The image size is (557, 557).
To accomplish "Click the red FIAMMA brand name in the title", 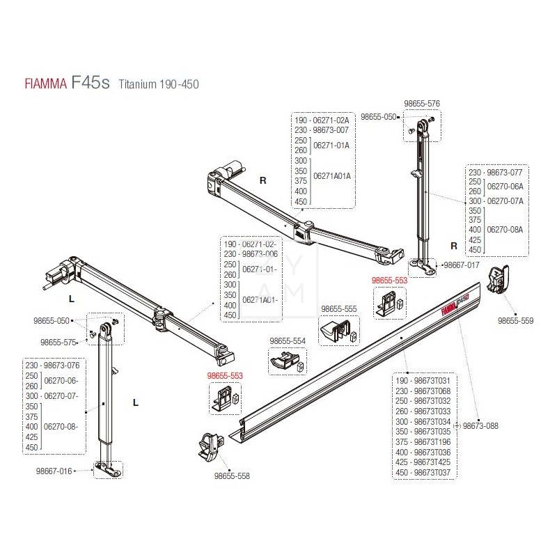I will click(x=41, y=84).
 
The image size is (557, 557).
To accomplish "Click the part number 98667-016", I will click(x=55, y=471).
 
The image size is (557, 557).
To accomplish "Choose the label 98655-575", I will click(x=58, y=343).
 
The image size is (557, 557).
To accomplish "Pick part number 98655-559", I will click(x=515, y=321).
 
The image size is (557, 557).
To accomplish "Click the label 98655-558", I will click(x=231, y=476).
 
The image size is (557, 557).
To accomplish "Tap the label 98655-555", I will click(x=339, y=308).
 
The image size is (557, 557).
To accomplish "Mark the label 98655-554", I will click(x=288, y=340).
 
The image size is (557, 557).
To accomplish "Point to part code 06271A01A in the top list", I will click(x=332, y=175).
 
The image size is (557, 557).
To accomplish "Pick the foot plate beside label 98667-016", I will click(x=107, y=469).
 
